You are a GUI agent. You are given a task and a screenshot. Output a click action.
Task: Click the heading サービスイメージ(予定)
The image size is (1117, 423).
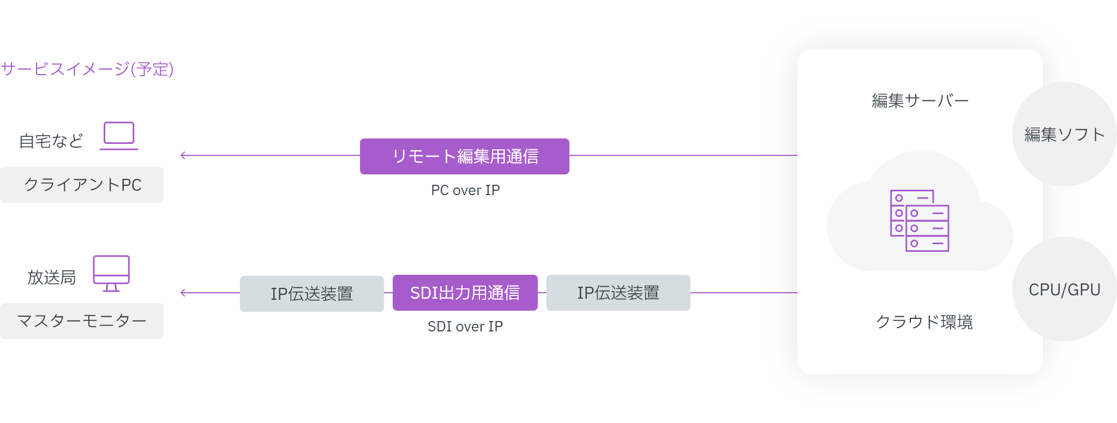87,69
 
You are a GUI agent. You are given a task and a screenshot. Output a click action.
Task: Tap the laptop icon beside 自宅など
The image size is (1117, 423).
119,136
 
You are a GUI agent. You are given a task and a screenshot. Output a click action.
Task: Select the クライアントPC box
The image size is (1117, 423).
82,185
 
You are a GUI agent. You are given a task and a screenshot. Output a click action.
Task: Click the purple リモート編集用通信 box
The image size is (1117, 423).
464,156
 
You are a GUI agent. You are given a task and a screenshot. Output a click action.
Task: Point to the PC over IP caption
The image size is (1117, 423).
465,190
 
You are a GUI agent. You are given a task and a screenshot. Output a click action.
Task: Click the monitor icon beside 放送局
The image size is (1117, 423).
111,273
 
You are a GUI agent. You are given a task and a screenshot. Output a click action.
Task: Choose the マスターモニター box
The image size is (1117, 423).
82,321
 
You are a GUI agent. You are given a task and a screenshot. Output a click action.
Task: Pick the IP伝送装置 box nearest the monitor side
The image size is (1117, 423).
311,293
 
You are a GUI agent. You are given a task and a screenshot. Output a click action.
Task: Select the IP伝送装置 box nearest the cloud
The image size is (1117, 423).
618,293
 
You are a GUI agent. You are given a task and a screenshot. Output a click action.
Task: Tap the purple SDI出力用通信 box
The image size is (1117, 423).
465,293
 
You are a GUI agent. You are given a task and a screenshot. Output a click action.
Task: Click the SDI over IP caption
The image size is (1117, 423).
465,327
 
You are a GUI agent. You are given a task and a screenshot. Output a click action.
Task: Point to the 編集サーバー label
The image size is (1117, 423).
920,101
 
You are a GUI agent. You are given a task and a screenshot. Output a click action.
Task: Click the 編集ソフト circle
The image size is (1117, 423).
1064,134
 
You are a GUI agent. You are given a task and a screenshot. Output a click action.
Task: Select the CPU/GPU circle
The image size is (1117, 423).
1064,289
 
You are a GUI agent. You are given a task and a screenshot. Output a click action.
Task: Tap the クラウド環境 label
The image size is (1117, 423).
924,322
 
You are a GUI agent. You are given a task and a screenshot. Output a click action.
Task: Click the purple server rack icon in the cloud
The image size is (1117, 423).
920,220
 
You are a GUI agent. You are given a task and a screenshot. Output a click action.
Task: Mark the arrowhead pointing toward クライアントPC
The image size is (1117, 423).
183,156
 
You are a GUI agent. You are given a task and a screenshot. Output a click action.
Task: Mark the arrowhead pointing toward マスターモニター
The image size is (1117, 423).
183,293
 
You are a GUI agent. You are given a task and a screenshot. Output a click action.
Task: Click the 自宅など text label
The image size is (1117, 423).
51,141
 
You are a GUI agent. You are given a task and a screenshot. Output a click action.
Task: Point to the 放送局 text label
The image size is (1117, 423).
52,277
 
